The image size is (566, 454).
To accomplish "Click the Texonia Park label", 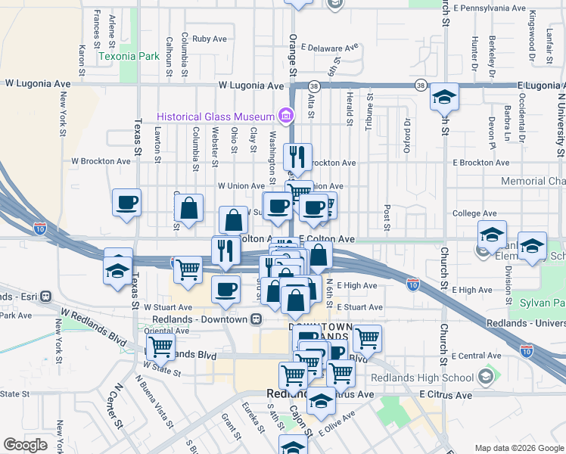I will (x=129, y=56).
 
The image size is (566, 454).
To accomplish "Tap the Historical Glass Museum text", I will (x=215, y=117).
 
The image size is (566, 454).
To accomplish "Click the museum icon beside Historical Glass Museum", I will (x=285, y=116).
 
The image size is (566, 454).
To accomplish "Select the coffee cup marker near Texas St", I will (x=127, y=203).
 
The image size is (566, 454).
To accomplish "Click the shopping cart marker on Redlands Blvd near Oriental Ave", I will (x=160, y=347).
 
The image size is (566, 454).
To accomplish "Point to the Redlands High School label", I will (x=431, y=378).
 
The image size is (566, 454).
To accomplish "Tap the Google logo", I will (x=26, y=445).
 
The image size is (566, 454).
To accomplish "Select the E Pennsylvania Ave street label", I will (x=490, y=8).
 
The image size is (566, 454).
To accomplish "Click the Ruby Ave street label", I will (x=210, y=38).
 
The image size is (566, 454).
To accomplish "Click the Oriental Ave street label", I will (x=166, y=331).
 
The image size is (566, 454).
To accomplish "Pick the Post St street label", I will (x=387, y=216).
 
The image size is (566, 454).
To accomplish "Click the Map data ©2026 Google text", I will (x=518, y=447).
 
